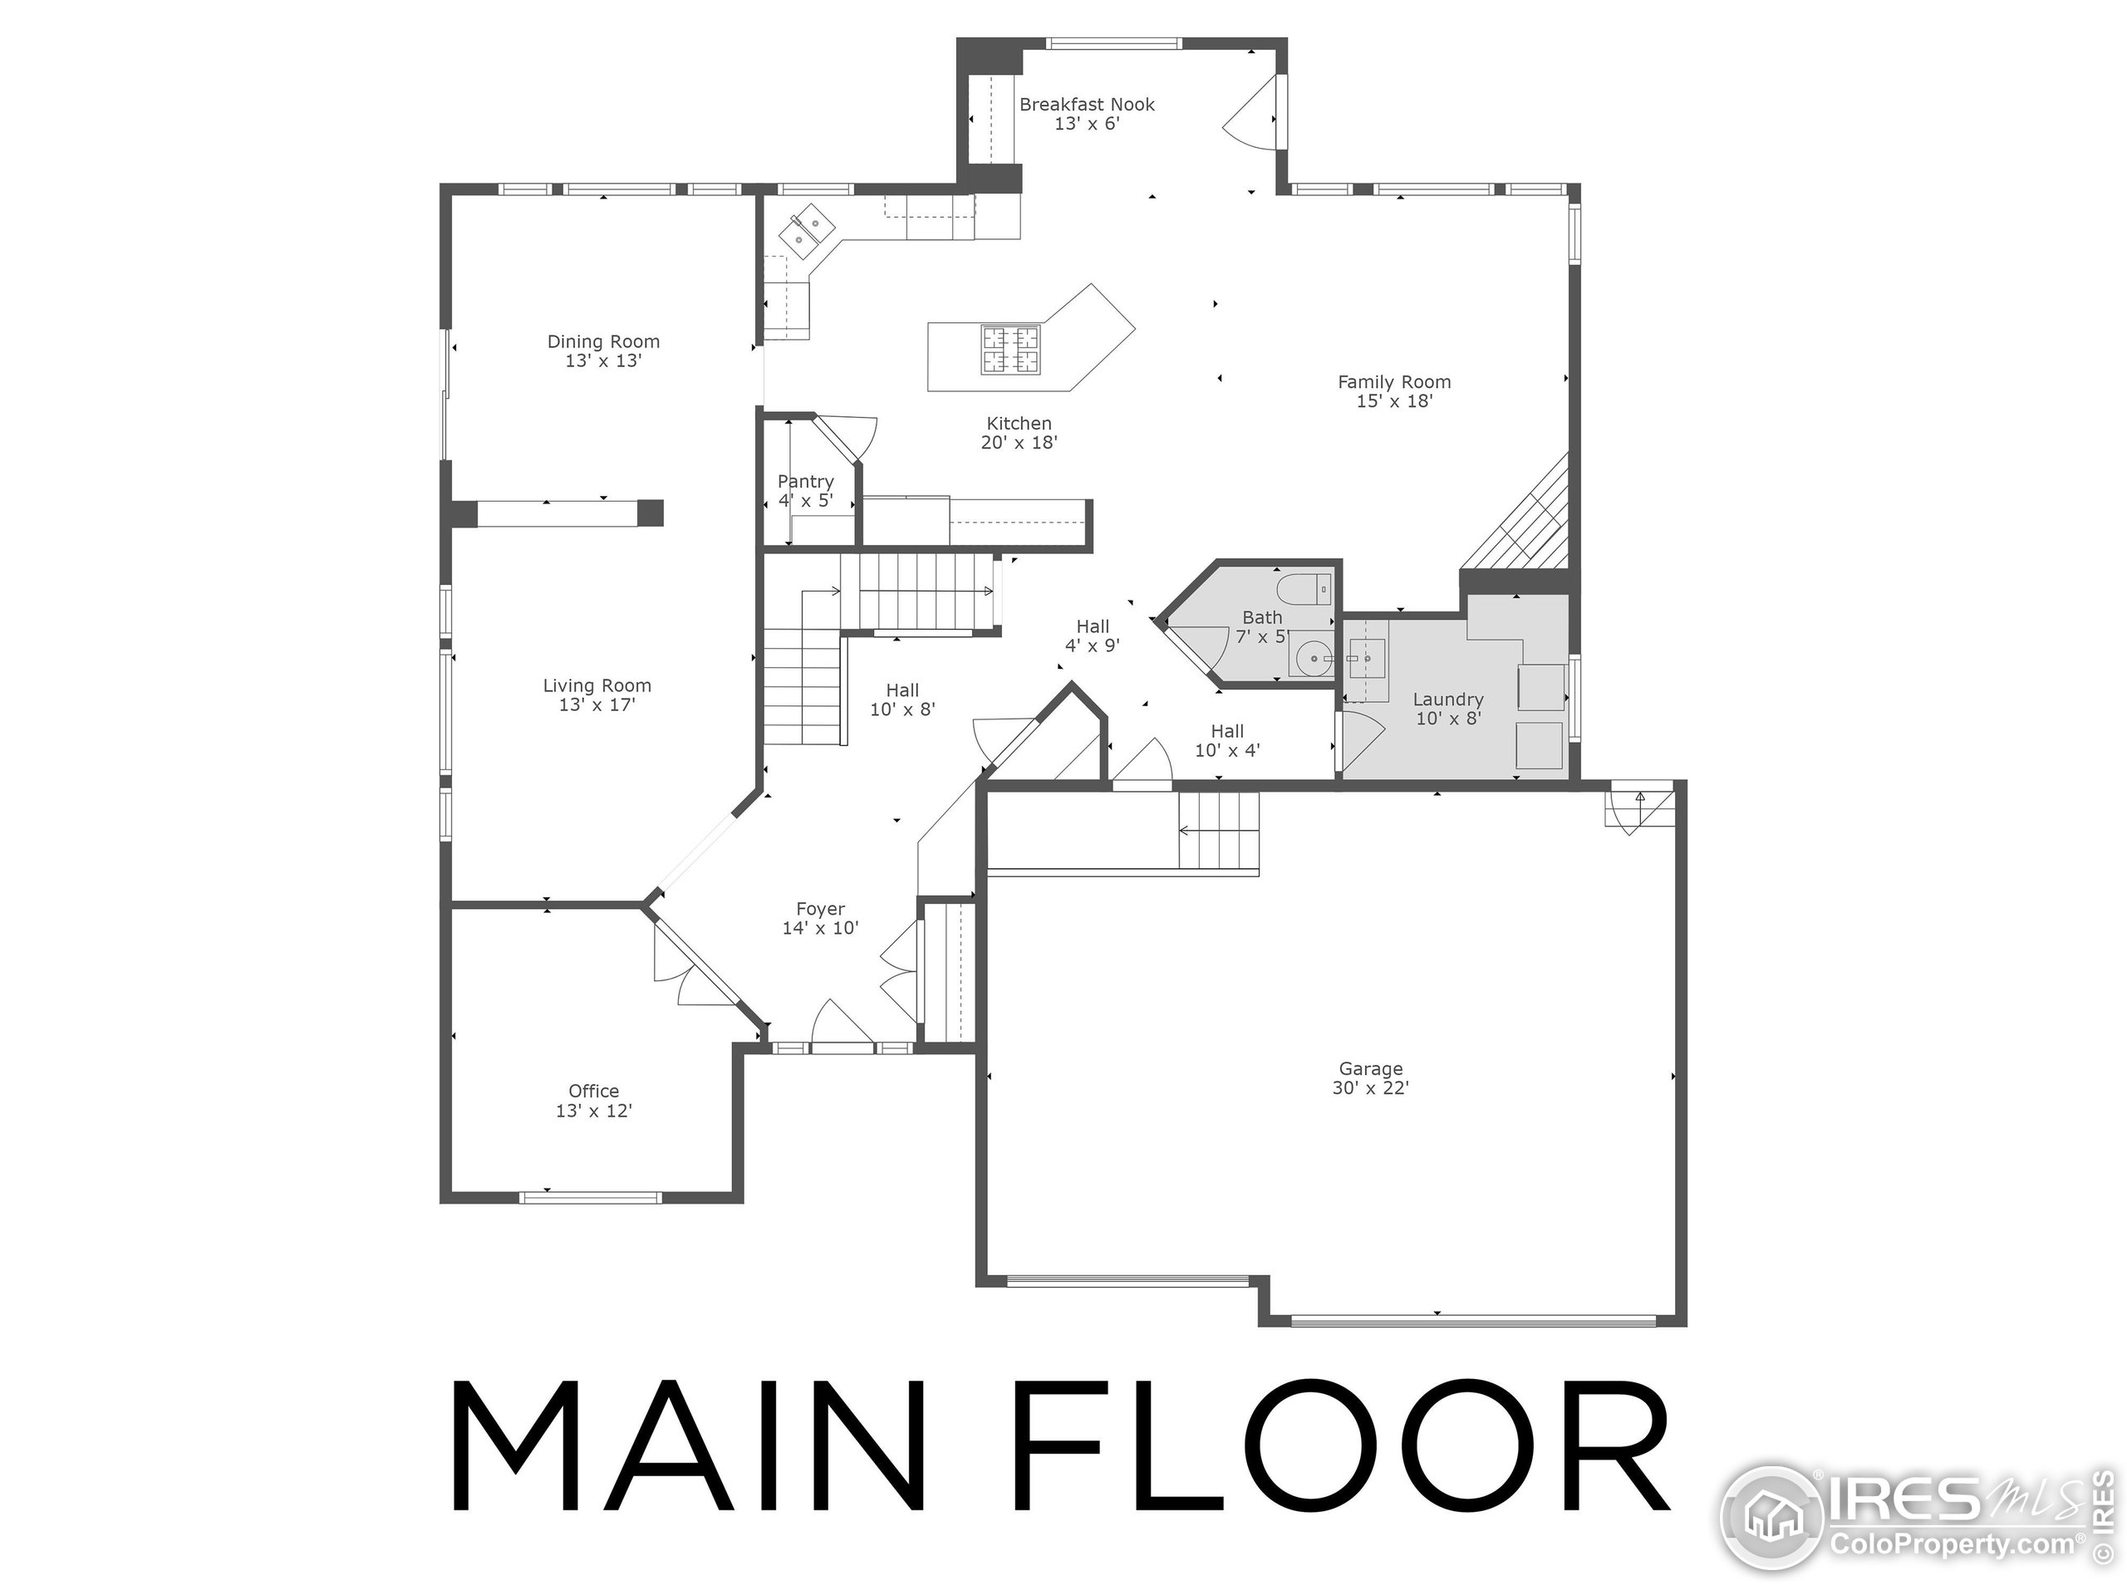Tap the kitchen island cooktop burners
1009,349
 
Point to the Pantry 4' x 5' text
806,490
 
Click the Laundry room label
1448,709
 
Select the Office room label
593,1100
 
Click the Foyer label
820,918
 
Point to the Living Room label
597,694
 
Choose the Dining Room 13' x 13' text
603,351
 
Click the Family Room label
1394,391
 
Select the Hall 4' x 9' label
1093,636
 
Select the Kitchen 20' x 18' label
1019,433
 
